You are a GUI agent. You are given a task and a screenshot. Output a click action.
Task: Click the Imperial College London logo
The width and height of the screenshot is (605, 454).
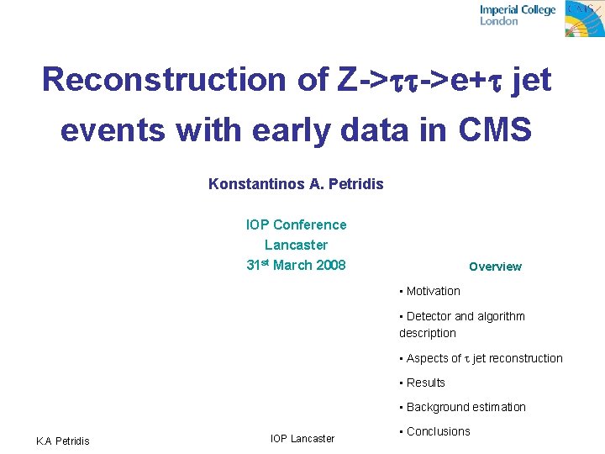(x=518, y=15)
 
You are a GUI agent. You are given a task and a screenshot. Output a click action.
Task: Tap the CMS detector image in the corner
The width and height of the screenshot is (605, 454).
(x=584, y=18)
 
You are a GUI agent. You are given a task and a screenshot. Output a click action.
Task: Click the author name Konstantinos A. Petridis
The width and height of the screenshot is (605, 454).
(x=296, y=183)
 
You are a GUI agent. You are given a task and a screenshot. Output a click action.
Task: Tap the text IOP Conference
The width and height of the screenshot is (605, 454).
(x=296, y=224)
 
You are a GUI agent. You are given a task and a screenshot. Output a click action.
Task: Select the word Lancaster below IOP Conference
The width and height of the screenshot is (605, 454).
(x=296, y=245)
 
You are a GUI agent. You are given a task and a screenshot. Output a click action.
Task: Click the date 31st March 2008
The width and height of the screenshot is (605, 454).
(x=296, y=265)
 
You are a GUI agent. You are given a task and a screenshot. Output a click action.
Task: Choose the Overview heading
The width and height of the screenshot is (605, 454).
(x=495, y=267)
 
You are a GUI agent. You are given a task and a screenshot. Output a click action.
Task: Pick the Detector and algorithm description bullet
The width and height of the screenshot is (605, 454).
(x=462, y=325)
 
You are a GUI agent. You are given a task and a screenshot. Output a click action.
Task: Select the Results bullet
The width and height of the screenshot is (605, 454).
(x=425, y=383)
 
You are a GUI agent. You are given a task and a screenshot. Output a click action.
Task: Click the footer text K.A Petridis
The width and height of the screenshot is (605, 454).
(x=62, y=441)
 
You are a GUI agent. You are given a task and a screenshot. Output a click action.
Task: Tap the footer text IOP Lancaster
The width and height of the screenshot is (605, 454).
(x=302, y=438)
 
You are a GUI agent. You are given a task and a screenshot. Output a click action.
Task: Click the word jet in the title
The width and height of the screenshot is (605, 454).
(x=535, y=80)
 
